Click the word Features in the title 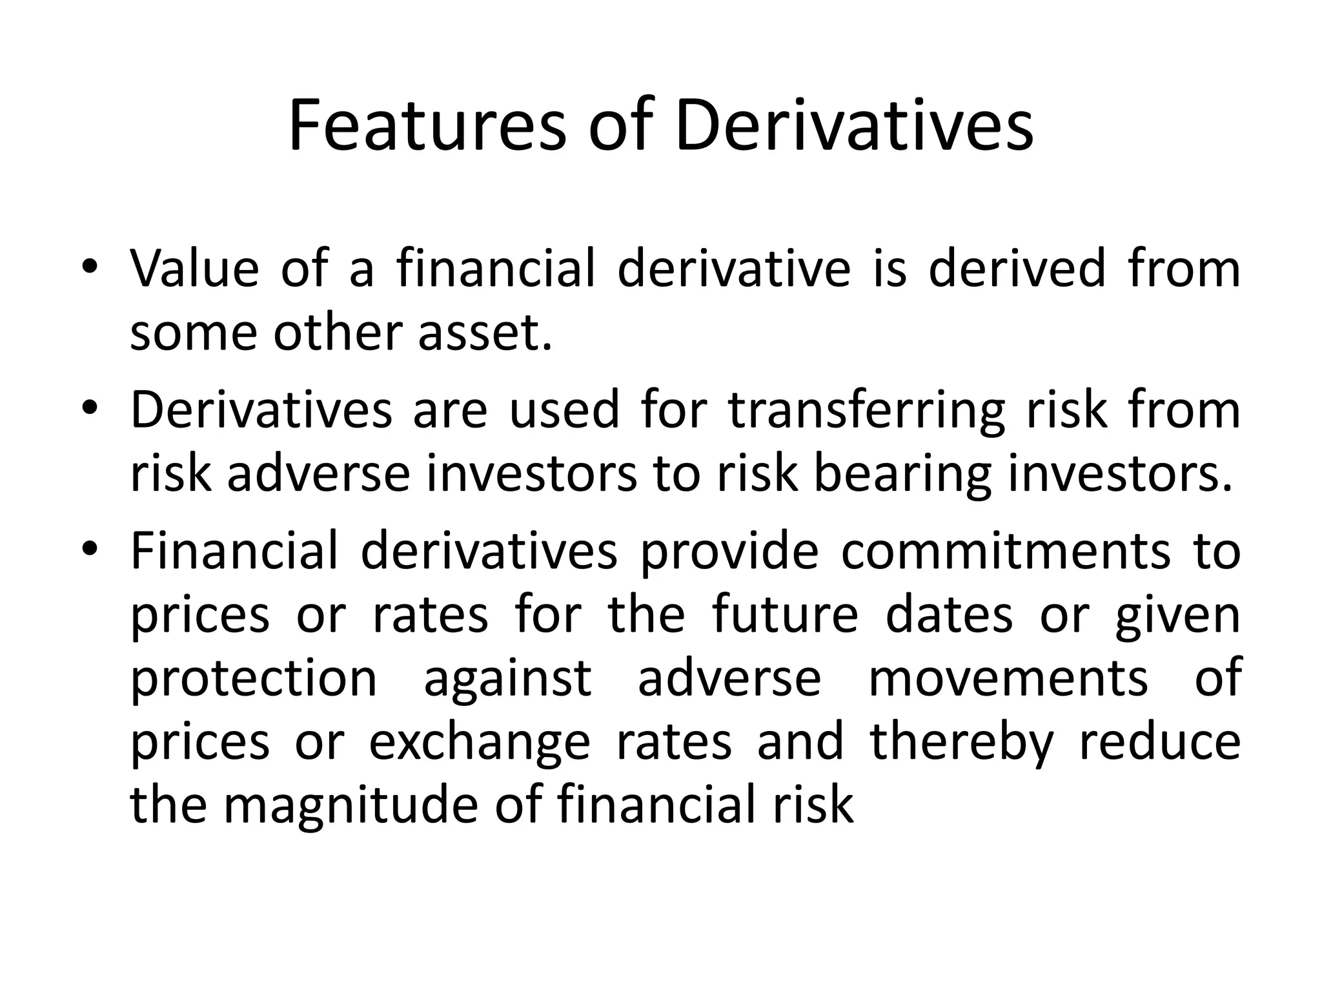tap(427, 126)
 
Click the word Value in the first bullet tap(194, 269)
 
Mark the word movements tap(1008, 678)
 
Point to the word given tap(1177, 615)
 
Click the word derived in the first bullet tap(1017, 269)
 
